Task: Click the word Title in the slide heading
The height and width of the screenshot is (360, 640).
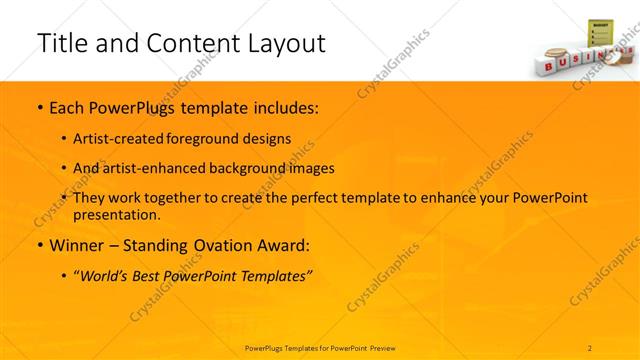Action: point(59,43)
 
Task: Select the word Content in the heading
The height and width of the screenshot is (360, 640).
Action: point(191,45)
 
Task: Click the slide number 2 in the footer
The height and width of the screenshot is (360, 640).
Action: point(589,347)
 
